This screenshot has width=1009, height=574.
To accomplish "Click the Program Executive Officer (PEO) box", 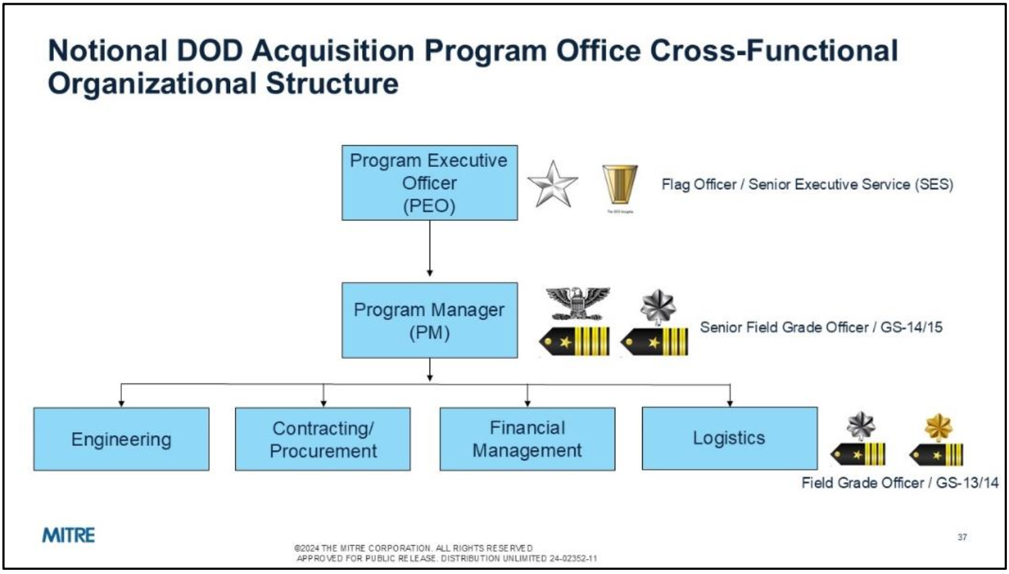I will tap(429, 182).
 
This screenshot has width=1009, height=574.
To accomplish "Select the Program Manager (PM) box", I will tap(429, 320).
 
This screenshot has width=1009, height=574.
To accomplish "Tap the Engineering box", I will tap(121, 439).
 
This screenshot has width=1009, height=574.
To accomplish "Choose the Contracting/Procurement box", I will tap(323, 439).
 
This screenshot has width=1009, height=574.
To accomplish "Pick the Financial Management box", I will tap(527, 439).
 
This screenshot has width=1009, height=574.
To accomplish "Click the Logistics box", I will tap(729, 438).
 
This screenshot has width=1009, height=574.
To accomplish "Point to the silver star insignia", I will tap(552, 184).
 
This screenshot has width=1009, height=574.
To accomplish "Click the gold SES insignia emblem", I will tap(620, 184).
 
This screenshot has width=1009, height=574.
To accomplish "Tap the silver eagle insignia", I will tap(578, 302).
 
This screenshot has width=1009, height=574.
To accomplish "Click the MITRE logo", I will tap(69, 535).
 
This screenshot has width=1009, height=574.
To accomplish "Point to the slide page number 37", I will tap(962, 537).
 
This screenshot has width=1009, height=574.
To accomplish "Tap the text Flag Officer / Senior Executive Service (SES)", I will tap(807, 185).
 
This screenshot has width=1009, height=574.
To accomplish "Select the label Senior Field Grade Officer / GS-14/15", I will tap(821, 328).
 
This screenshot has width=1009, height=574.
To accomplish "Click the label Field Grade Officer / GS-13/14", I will tap(899, 483).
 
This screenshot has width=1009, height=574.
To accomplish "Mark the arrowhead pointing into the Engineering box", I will tap(121, 403).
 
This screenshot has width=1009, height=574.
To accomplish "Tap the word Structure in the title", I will tap(332, 84).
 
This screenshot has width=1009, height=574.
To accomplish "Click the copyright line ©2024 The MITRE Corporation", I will tap(413, 548).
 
